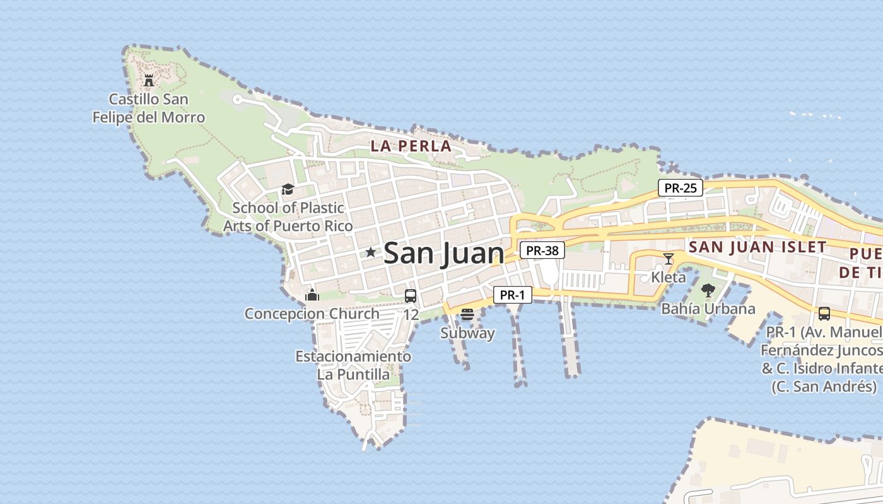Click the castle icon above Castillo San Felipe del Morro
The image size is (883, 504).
149,81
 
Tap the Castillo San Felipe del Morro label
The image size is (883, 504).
149,108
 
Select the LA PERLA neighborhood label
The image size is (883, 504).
411,146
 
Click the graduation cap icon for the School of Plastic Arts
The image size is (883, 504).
288,189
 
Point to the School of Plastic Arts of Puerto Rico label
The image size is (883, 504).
288,216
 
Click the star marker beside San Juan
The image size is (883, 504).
370,253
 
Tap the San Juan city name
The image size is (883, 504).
444,253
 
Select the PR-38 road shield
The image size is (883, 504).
542,251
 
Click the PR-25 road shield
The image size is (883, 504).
681,188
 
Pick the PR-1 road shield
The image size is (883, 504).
513,295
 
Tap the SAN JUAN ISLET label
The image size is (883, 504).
757,247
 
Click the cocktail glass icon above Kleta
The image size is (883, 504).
669,258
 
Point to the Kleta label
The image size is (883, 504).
669,277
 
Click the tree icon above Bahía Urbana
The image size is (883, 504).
708,290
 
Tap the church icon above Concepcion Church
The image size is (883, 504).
312,295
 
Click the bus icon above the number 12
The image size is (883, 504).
411,295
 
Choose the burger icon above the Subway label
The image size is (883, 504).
467,314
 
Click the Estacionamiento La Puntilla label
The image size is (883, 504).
353,365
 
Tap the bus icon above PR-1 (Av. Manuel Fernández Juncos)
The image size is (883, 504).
824,313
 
